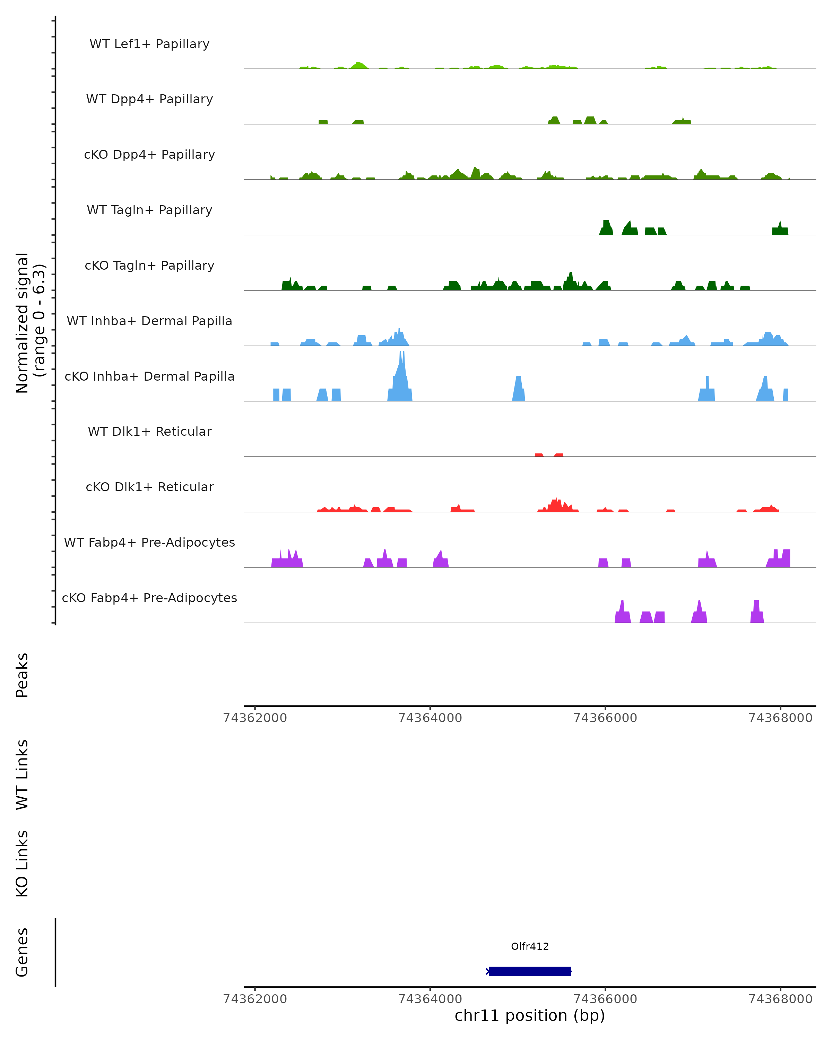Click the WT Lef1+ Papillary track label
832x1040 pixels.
coord(149,44)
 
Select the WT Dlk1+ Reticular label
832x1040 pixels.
coord(149,431)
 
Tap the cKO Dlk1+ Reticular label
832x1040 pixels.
coord(149,487)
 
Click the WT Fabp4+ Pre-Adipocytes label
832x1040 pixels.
coord(149,542)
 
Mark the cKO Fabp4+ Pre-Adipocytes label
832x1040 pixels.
coord(149,598)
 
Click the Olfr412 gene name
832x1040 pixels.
coord(530,946)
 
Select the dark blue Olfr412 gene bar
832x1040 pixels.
coord(530,971)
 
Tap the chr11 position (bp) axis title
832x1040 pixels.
coord(530,1015)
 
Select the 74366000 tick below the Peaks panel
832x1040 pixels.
coord(605,718)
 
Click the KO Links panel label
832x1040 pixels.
coord(22,864)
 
